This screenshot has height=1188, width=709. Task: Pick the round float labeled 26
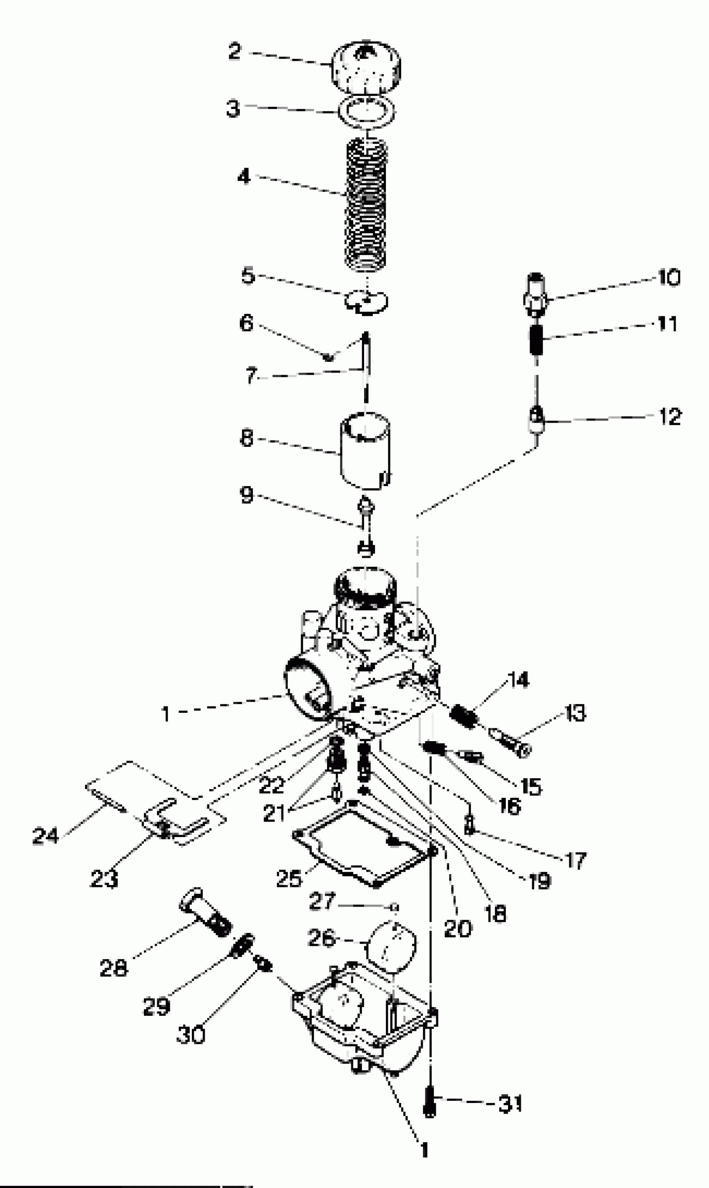(x=390, y=945)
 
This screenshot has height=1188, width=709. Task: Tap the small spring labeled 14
(x=464, y=716)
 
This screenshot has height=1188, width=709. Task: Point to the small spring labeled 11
(x=536, y=338)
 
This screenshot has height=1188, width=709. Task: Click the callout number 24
(x=45, y=836)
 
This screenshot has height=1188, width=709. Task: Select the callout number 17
(x=576, y=860)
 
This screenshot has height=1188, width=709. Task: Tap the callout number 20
(x=458, y=929)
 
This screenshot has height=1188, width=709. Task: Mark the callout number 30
(x=191, y=1035)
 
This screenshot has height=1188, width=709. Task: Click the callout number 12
(x=670, y=417)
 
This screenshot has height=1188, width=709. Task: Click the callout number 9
(x=246, y=495)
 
